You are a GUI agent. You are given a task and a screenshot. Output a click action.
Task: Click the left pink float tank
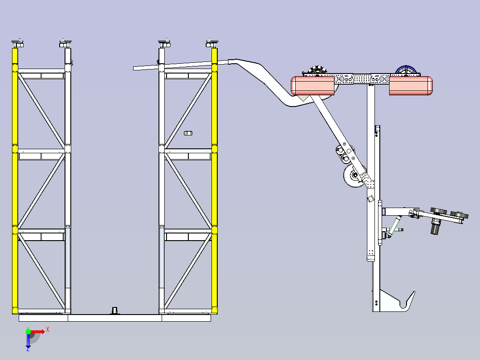[x=312, y=86]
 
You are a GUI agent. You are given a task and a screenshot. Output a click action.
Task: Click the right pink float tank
[x=411, y=86]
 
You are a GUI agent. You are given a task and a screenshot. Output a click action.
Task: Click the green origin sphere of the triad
[x=28, y=331]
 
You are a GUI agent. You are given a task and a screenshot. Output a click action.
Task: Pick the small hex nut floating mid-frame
[x=188, y=133]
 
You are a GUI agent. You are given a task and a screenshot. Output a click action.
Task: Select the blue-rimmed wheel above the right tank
[x=406, y=70]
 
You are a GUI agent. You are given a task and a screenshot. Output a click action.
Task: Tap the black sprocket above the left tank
[x=317, y=70]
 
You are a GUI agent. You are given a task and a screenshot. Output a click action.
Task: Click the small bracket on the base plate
[x=115, y=311]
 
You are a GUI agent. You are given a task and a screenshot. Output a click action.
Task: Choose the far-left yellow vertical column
[x=15, y=181]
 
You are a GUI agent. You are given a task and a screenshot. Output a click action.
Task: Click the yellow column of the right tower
[x=214, y=181]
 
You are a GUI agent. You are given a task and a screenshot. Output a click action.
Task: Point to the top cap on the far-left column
[x=17, y=43]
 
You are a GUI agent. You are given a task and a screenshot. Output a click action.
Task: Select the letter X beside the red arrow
[x=48, y=330]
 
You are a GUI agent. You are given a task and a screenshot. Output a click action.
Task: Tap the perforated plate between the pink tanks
[x=362, y=78]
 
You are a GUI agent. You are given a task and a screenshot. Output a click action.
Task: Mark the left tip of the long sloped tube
[x=134, y=69]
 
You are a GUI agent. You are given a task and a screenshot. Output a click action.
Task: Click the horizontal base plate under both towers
[x=115, y=318]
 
